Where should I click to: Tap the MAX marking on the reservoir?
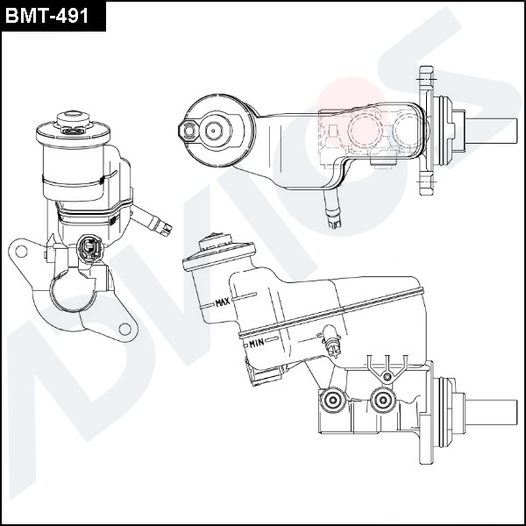[x=222, y=303]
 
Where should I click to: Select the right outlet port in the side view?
[x=381, y=401]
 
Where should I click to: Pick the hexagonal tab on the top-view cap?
[x=186, y=131]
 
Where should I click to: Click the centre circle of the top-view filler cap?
[x=213, y=131]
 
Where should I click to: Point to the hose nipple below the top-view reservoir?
[x=331, y=210]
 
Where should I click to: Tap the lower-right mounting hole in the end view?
[x=125, y=329]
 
